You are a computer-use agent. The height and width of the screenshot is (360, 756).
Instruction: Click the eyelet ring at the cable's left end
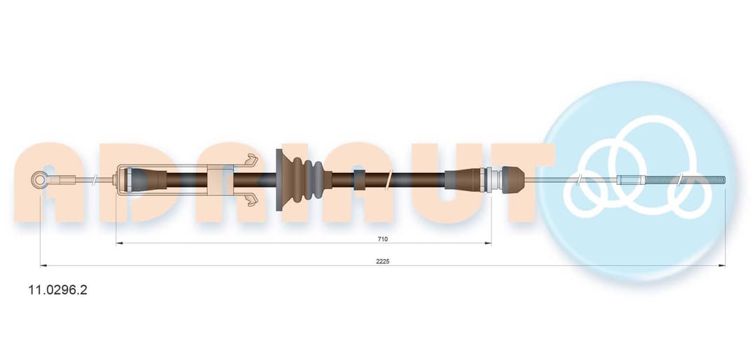pyautogui.click(x=39, y=180)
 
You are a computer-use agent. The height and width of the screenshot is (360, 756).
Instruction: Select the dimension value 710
pyautogui.click(x=383, y=239)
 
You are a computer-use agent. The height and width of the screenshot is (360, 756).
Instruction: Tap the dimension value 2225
pyautogui.click(x=383, y=261)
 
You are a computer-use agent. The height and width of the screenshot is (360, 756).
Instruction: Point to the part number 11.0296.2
pyautogui.click(x=58, y=290)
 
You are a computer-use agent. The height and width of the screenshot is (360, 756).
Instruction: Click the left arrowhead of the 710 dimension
pyautogui.click(x=120, y=243)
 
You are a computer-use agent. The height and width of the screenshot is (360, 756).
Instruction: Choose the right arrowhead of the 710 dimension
pyautogui.click(x=488, y=243)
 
